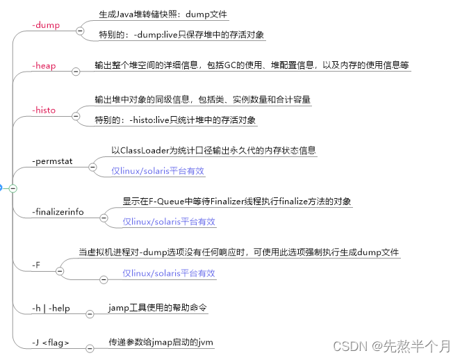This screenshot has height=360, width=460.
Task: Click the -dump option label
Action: (x=46, y=25)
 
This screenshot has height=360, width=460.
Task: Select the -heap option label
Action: (x=44, y=66)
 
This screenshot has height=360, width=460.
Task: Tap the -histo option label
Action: (x=44, y=110)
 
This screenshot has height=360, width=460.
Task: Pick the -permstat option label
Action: (x=54, y=162)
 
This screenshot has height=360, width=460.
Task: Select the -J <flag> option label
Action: (x=51, y=343)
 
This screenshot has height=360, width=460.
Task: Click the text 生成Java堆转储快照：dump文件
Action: (x=163, y=14)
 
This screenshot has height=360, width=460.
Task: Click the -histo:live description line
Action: (x=176, y=120)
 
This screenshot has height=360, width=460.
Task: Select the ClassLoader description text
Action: (x=213, y=150)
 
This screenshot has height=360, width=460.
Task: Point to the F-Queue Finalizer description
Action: (x=237, y=202)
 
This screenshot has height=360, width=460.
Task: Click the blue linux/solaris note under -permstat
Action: (x=158, y=170)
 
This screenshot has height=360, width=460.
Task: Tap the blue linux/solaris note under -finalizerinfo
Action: (x=169, y=222)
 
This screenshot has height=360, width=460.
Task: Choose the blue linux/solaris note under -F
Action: (x=169, y=273)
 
